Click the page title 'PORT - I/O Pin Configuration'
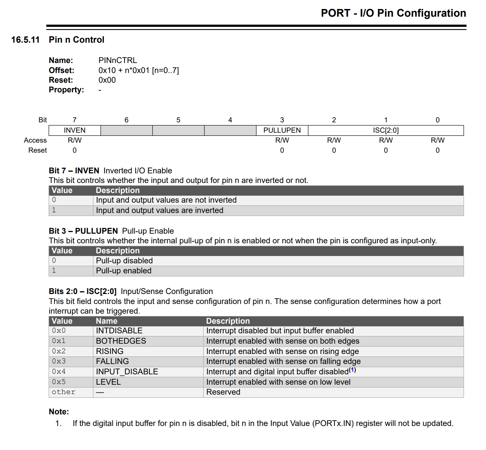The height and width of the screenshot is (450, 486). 393,13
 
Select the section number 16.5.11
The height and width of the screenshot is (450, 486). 25,40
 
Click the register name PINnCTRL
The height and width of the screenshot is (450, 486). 118,60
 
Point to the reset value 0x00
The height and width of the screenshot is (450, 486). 107,80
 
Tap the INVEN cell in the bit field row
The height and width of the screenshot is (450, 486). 75,130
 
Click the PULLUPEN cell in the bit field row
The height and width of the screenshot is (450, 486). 282,130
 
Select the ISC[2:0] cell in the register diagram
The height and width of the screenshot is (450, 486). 385,130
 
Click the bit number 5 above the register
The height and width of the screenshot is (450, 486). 178,120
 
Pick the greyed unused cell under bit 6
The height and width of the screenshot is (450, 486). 126,130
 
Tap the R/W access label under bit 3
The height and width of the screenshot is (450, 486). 282,140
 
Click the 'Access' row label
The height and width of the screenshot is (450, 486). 35,140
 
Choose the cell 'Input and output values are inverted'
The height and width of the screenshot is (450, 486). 159,210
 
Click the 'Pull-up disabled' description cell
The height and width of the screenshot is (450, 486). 124,261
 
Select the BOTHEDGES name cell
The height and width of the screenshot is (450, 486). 121,341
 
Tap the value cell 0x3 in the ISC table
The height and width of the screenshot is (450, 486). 59,361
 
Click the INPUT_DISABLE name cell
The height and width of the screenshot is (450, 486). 127,372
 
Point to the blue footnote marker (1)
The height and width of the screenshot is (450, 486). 353,370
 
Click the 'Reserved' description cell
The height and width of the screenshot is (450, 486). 223,392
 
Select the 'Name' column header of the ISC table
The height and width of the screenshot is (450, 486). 107,321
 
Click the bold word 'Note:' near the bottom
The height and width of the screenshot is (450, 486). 59,412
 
